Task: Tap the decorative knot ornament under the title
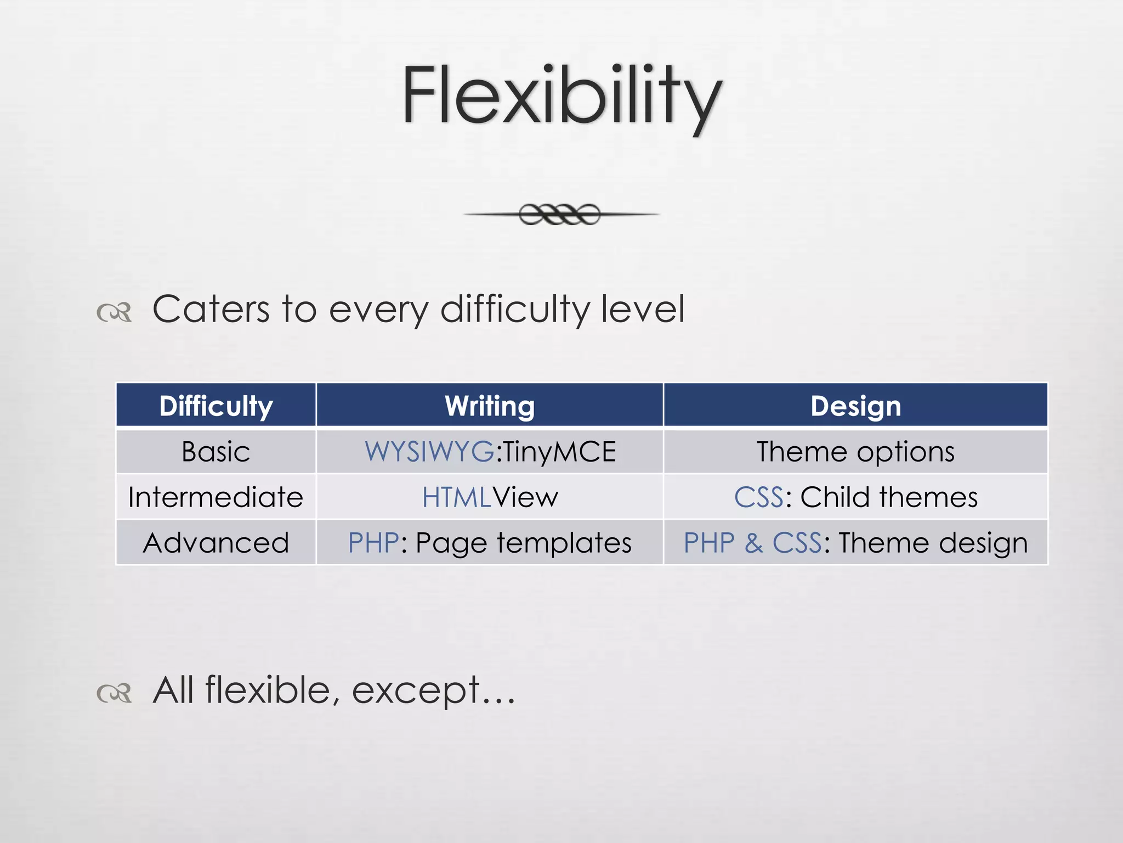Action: coord(560,214)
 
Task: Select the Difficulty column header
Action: coord(215,406)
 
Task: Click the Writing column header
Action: coord(490,406)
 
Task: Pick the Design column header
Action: coord(855,406)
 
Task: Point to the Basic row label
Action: coord(215,452)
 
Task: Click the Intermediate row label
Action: coord(215,497)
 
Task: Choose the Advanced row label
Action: coord(215,543)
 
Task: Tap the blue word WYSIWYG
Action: coord(429,452)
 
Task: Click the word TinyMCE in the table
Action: coord(559,452)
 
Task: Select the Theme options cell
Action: coord(855,452)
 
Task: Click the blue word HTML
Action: coord(456,497)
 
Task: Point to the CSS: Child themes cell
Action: coord(855,497)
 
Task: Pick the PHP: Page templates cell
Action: coord(490,543)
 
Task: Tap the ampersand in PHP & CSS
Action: coord(753,543)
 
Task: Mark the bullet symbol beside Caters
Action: coord(114,312)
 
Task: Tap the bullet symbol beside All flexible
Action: coord(114,693)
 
